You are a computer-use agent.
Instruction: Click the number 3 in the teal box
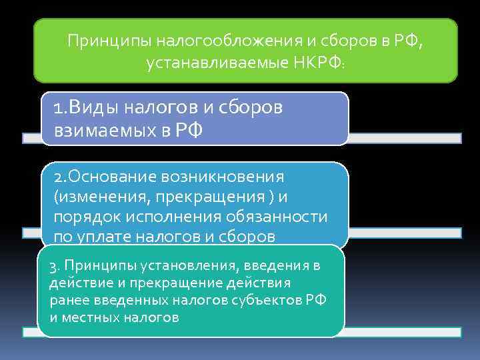click(53, 267)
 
